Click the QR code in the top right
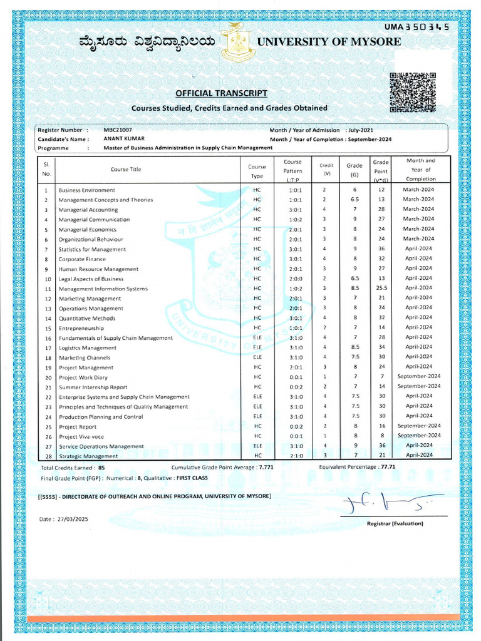coord(412,93)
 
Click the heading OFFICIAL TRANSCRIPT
coord(221,93)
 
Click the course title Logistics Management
coord(87,348)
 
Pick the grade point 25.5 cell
coord(381,289)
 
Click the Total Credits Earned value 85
coord(101,468)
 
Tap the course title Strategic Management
coord(88,456)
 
